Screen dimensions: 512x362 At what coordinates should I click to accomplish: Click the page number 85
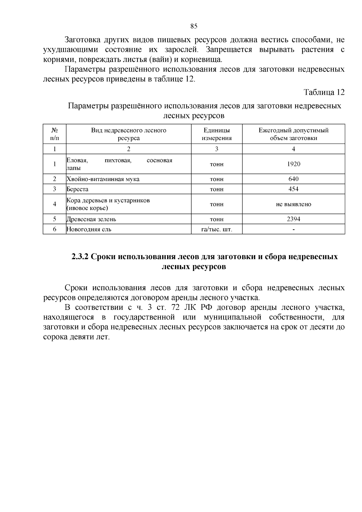194,26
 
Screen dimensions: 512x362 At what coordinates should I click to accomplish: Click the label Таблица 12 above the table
324,92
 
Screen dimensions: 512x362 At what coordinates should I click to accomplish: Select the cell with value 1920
293,164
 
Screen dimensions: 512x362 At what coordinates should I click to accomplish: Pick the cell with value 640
293,179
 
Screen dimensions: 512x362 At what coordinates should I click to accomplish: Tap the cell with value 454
293,189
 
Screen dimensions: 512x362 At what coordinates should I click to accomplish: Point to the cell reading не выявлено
293,204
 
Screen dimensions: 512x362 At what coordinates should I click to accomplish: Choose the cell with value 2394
293,219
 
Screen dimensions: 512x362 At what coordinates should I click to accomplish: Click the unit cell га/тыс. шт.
217,229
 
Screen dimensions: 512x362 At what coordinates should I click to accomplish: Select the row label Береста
78,189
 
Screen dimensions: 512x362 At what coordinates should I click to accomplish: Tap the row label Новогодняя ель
89,229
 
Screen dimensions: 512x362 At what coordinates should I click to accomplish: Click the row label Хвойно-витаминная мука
103,179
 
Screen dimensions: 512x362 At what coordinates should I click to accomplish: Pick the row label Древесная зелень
91,219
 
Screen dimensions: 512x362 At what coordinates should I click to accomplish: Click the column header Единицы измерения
217,134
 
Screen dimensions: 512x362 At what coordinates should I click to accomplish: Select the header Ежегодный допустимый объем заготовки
293,134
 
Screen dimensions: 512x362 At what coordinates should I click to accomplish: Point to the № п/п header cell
54,134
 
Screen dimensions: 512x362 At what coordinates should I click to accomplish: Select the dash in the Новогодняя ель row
294,230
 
